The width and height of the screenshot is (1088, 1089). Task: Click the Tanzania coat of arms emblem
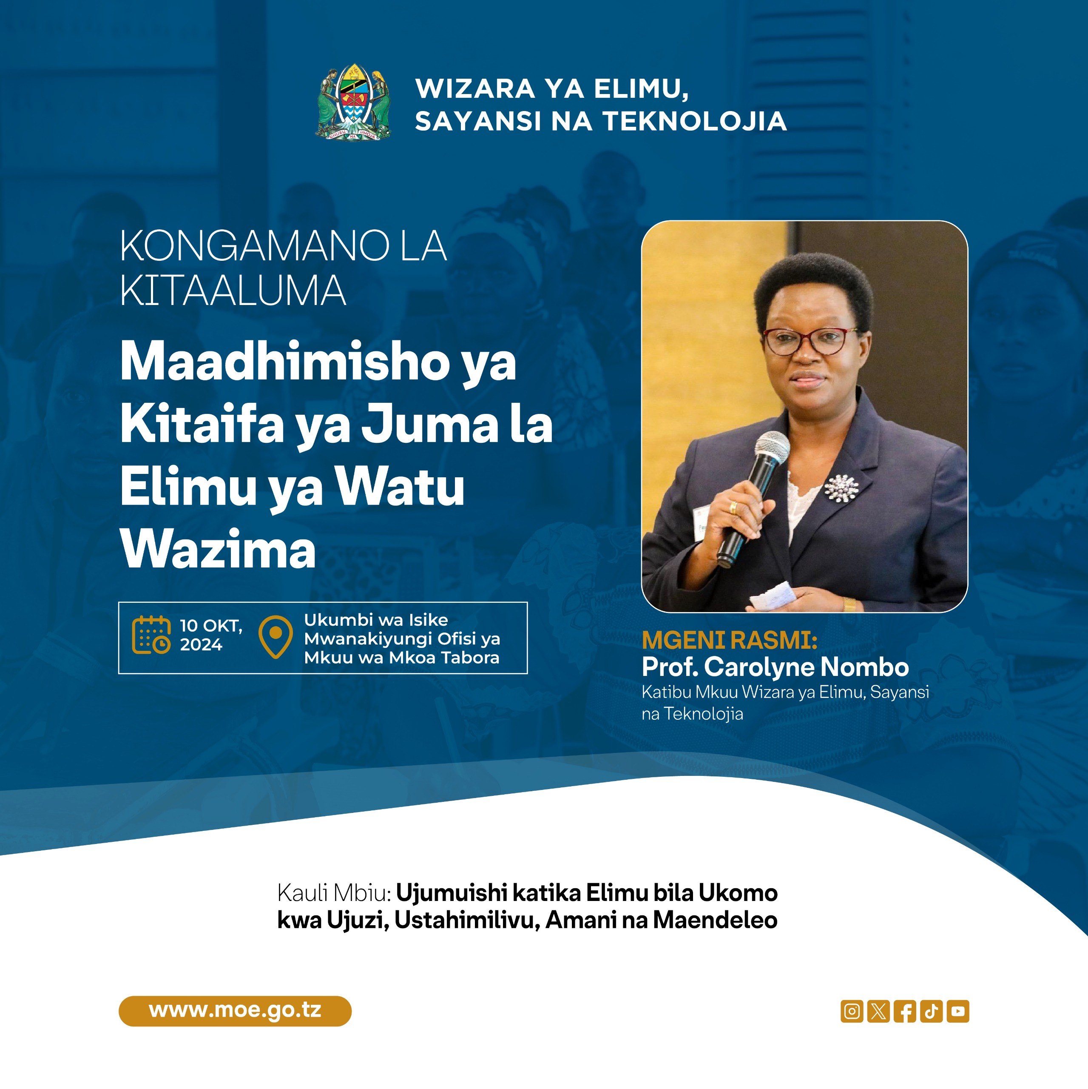353,102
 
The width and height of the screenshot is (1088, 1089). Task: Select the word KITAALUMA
233,291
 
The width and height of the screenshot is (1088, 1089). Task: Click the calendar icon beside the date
151,635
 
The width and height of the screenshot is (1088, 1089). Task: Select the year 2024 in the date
201,645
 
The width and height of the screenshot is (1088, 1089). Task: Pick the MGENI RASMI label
730,640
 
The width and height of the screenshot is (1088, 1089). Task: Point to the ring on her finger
733,507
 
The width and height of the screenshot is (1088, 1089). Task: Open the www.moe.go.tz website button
235,1011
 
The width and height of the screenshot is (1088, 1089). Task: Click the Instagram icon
852,1011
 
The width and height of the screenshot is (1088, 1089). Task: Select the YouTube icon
958,1011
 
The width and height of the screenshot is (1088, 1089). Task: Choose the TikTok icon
932,1011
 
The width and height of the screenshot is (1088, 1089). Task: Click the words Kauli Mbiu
334,893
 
